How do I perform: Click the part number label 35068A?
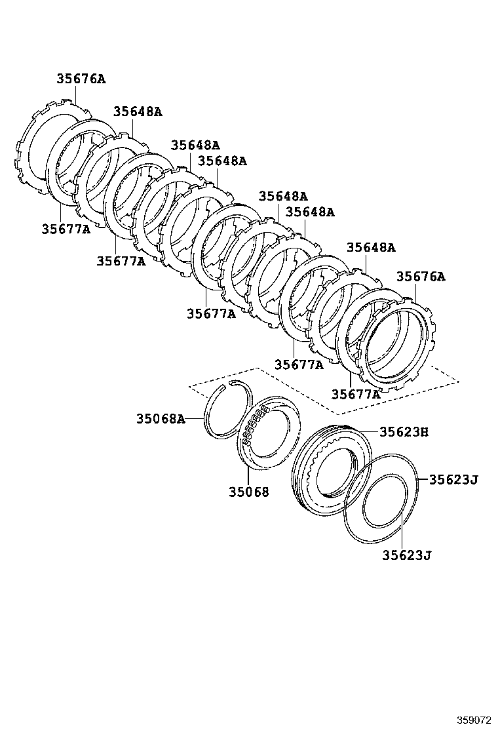tap(161, 418)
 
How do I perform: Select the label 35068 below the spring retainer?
tap(249, 491)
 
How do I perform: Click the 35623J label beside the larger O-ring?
tap(453, 479)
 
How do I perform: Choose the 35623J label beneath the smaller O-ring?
tap(407, 556)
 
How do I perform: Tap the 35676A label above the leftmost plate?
tap(81, 79)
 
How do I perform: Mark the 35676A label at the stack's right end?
tap(420, 277)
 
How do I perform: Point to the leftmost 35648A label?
tap(138, 111)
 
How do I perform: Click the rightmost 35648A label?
tap(371, 247)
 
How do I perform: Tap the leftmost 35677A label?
tap(66, 229)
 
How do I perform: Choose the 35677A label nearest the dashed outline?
tap(356, 394)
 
